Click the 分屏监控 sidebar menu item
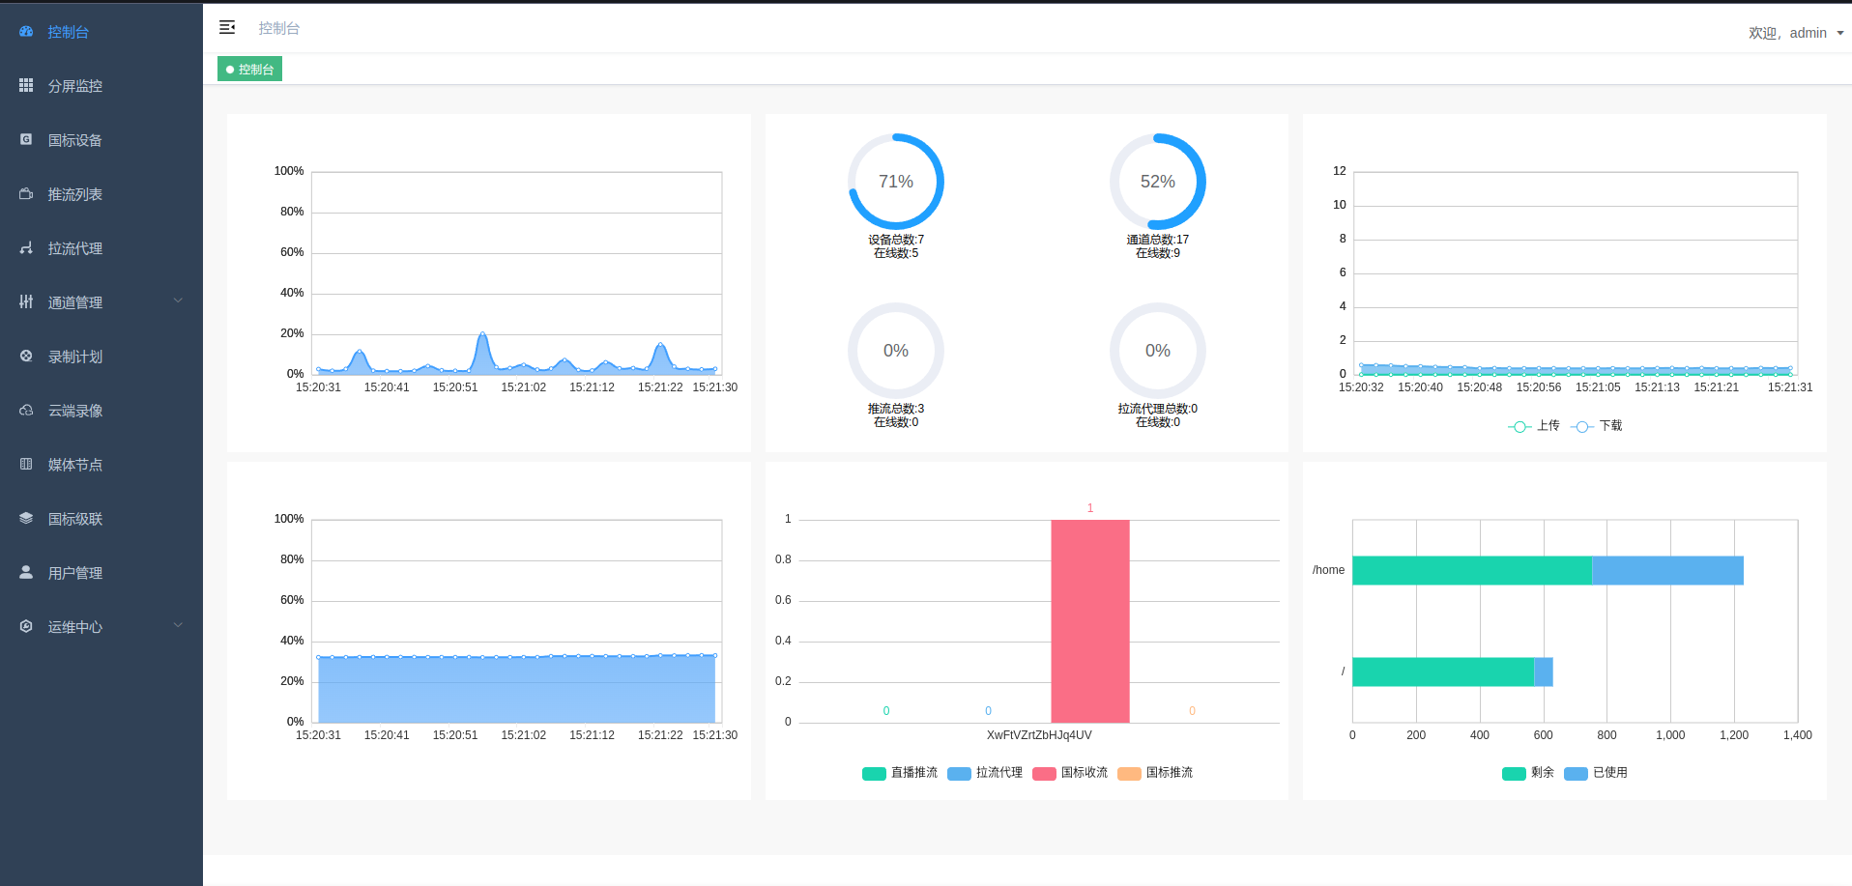pyautogui.click(x=74, y=86)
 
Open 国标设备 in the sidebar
pyautogui.click(x=74, y=140)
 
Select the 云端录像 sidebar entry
pyautogui.click(x=74, y=411)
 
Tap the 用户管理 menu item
pyautogui.click(x=74, y=573)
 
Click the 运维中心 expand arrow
pyautogui.click(x=178, y=626)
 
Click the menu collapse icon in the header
pyautogui.click(x=227, y=28)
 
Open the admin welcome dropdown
pyautogui.click(x=1795, y=33)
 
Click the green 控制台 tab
pyautogui.click(x=249, y=70)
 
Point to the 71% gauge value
pyautogui.click(x=895, y=182)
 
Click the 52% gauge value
pyautogui.click(x=1157, y=182)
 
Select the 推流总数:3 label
pyautogui.click(x=895, y=409)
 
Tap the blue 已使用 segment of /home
pyautogui.click(x=1667, y=570)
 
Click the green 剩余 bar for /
pyautogui.click(x=1442, y=672)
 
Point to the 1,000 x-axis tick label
pyautogui.click(x=1669, y=735)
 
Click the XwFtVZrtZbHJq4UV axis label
pyautogui.click(x=1039, y=735)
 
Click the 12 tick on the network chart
pyautogui.click(x=1339, y=171)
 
